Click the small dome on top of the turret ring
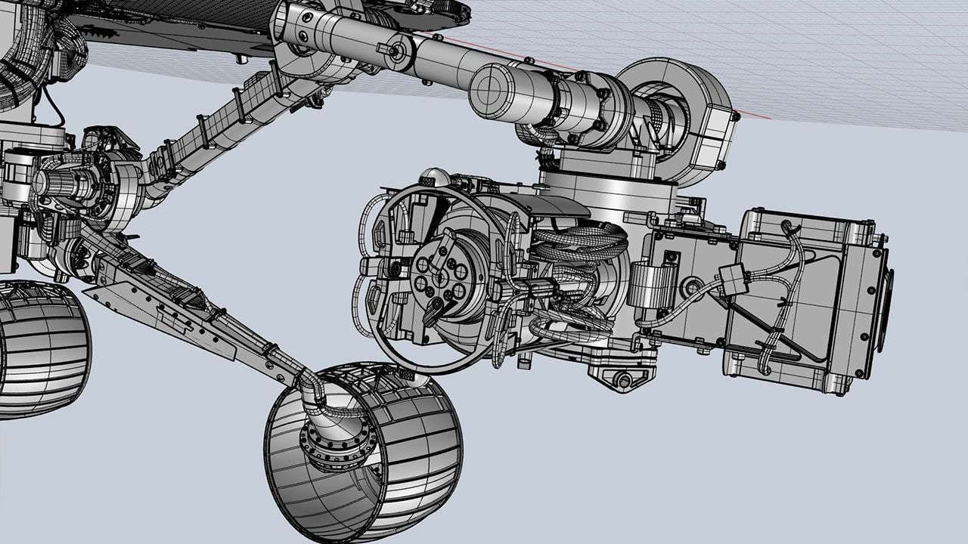coord(431,178)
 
